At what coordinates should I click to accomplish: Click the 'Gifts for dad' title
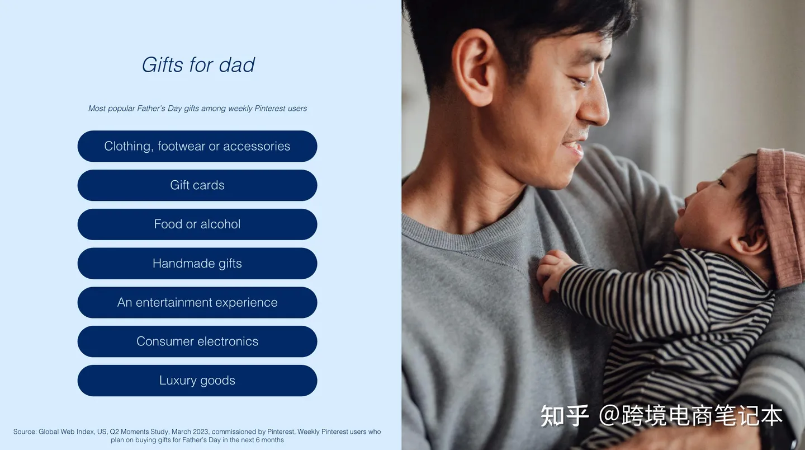[x=198, y=65]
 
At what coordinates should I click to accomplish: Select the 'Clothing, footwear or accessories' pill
[x=197, y=146]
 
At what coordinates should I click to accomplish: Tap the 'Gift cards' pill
[x=197, y=185]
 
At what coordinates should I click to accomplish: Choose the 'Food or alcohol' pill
[x=197, y=224]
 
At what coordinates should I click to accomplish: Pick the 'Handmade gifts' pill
[x=197, y=263]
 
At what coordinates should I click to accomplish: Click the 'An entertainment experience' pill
[x=197, y=302]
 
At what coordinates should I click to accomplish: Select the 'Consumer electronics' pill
[x=197, y=341]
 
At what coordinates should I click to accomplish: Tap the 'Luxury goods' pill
[x=197, y=381]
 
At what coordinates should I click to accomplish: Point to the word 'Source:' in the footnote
[x=25, y=432]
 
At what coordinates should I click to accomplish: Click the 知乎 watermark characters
[x=565, y=416]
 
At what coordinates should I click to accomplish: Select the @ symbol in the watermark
[x=609, y=416]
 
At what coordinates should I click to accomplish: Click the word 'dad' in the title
[x=237, y=65]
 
